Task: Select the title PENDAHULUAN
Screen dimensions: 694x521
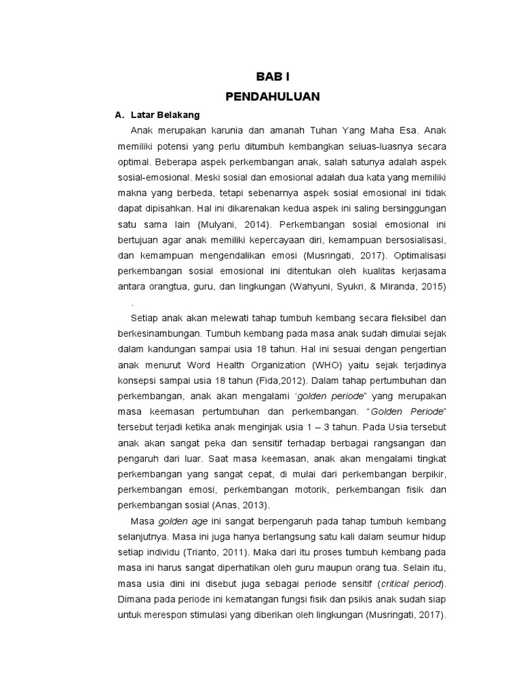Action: point(272,97)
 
